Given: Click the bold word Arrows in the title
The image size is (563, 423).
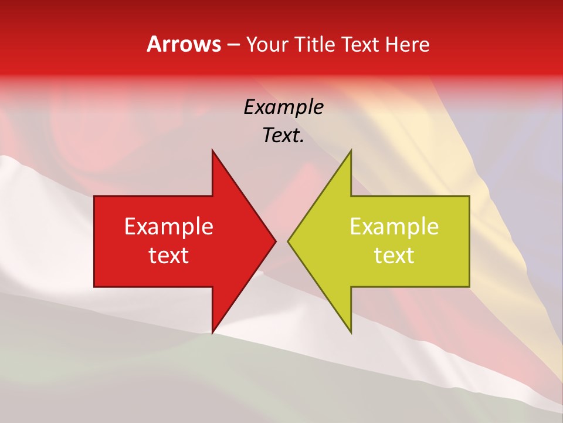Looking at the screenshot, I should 184,44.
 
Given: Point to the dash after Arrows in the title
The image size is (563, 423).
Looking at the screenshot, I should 233,45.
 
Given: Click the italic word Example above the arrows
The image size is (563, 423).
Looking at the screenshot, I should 283,107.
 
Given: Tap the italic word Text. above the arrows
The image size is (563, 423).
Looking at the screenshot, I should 283,136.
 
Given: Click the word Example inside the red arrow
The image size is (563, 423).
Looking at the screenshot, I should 169,227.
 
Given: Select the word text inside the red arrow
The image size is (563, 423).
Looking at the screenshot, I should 169,256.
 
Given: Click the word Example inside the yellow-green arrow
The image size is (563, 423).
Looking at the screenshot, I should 394,227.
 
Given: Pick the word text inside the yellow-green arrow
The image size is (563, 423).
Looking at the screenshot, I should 394,256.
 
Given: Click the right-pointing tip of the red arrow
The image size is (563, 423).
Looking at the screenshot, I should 275,241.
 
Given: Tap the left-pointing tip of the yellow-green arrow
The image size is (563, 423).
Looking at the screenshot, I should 288,241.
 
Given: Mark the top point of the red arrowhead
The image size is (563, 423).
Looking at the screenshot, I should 212,150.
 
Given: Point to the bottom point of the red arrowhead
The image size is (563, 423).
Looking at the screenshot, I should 212,333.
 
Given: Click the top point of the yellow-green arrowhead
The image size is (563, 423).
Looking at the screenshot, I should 351,150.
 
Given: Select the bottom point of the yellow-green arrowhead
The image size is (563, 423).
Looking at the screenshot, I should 351,333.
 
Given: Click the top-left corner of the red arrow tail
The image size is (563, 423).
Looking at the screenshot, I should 94,196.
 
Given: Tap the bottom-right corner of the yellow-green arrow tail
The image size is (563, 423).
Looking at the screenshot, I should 469,287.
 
